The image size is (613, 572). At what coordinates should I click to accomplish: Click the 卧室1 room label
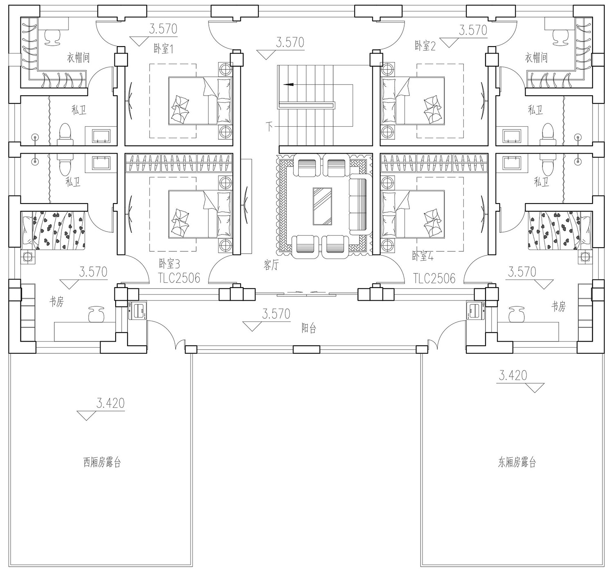click(x=163, y=49)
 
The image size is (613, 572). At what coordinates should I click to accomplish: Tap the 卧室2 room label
click(x=425, y=46)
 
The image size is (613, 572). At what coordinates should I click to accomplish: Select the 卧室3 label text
click(x=169, y=264)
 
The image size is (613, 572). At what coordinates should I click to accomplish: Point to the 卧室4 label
click(x=423, y=256)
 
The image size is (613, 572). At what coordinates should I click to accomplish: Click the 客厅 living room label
click(x=271, y=265)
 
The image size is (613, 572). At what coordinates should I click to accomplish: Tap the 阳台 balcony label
click(x=309, y=328)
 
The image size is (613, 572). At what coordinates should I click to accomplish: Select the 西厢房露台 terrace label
click(x=102, y=462)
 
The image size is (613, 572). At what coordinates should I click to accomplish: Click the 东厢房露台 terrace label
click(x=517, y=462)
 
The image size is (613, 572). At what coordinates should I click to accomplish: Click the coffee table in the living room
click(x=322, y=206)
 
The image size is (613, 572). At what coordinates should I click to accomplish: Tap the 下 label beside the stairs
click(x=269, y=127)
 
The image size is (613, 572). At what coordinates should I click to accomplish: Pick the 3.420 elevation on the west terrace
click(x=110, y=403)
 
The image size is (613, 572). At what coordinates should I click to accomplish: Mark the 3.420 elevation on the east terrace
click(x=513, y=375)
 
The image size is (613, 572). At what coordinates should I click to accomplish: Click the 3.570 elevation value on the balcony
click(x=276, y=314)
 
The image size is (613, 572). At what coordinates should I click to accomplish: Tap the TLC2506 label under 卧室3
click(x=179, y=278)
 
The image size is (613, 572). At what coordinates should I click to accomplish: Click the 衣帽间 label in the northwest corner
click(x=78, y=58)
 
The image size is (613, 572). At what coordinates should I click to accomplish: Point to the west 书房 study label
click(x=56, y=302)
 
